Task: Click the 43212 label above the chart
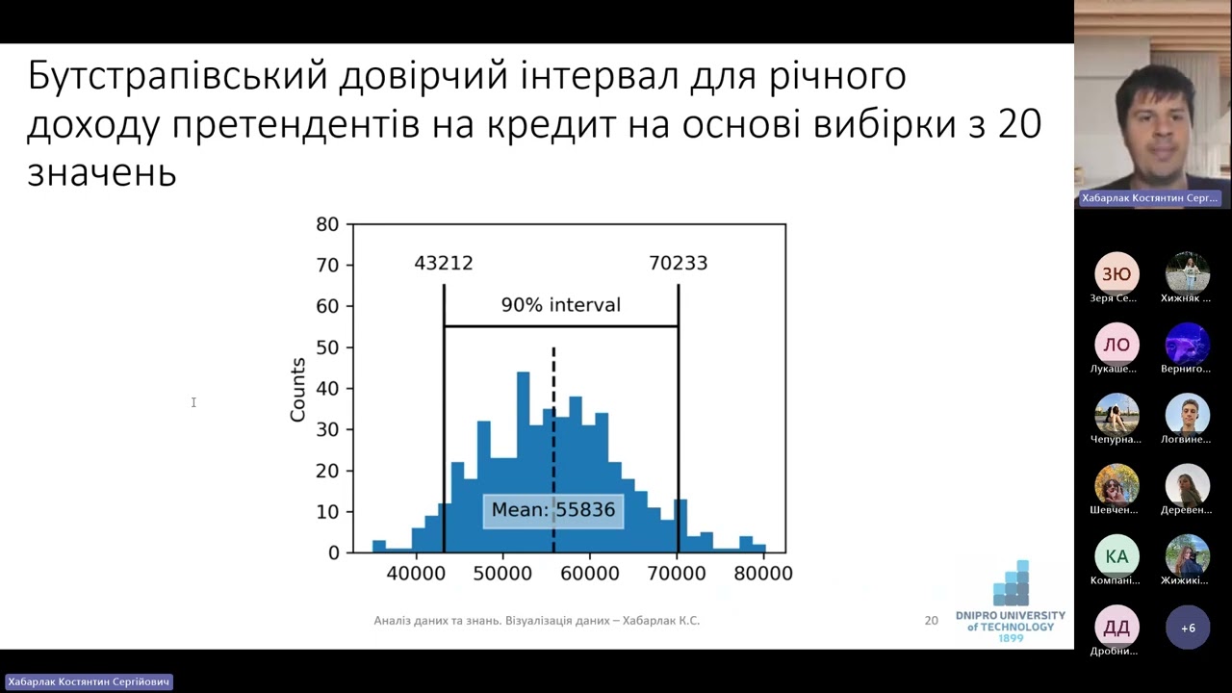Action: point(444,263)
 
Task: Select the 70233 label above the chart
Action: point(678,263)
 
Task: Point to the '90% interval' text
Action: point(560,305)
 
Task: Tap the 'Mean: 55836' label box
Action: point(552,510)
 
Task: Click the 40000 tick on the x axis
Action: point(415,574)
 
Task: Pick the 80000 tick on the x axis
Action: point(763,574)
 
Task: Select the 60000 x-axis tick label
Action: point(589,574)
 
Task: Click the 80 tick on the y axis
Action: point(327,224)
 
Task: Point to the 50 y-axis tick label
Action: point(327,347)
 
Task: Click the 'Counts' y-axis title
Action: point(297,390)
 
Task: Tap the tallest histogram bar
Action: point(524,462)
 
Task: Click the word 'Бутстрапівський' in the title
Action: point(177,76)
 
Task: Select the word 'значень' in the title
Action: point(101,173)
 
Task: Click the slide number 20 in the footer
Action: point(931,621)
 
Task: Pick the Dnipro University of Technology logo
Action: point(1011,602)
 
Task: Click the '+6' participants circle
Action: point(1188,628)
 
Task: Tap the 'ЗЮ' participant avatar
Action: point(1116,274)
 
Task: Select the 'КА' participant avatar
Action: point(1116,556)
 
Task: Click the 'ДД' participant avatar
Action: point(1116,628)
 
